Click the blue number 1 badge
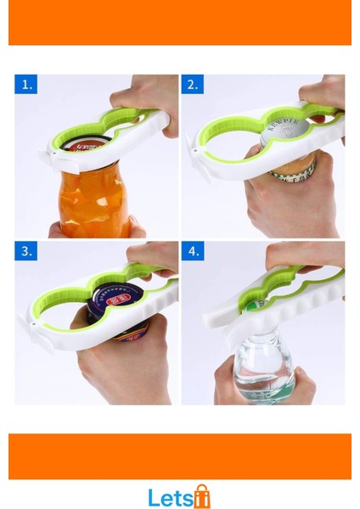[x=27, y=85]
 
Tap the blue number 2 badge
[x=194, y=85]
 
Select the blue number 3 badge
[x=27, y=251]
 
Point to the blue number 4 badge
[x=194, y=251]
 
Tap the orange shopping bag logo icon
[x=201, y=496]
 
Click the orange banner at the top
[x=180, y=22]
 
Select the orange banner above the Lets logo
[x=180, y=456]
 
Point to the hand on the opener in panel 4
[x=306, y=255]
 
